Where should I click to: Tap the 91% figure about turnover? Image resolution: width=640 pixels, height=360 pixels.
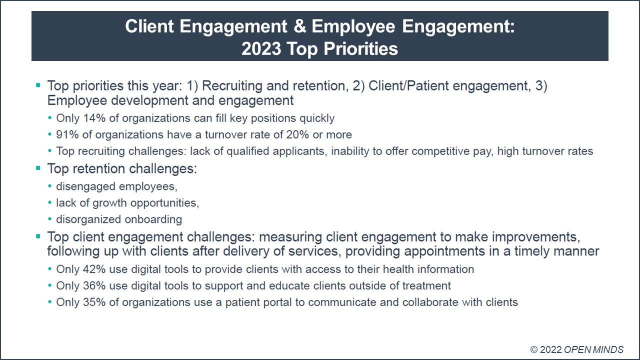pos(67,135)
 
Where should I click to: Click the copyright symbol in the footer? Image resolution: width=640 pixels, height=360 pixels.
pos(534,349)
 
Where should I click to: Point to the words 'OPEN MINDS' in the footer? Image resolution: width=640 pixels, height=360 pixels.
pos(593,349)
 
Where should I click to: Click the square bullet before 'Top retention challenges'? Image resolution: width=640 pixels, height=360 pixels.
pos(38,168)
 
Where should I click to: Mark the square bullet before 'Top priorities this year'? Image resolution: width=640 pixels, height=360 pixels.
pos(38,86)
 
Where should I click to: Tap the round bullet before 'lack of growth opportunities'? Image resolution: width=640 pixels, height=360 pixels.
pos(49,203)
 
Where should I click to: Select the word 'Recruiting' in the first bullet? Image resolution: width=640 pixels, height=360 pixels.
pos(232,86)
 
